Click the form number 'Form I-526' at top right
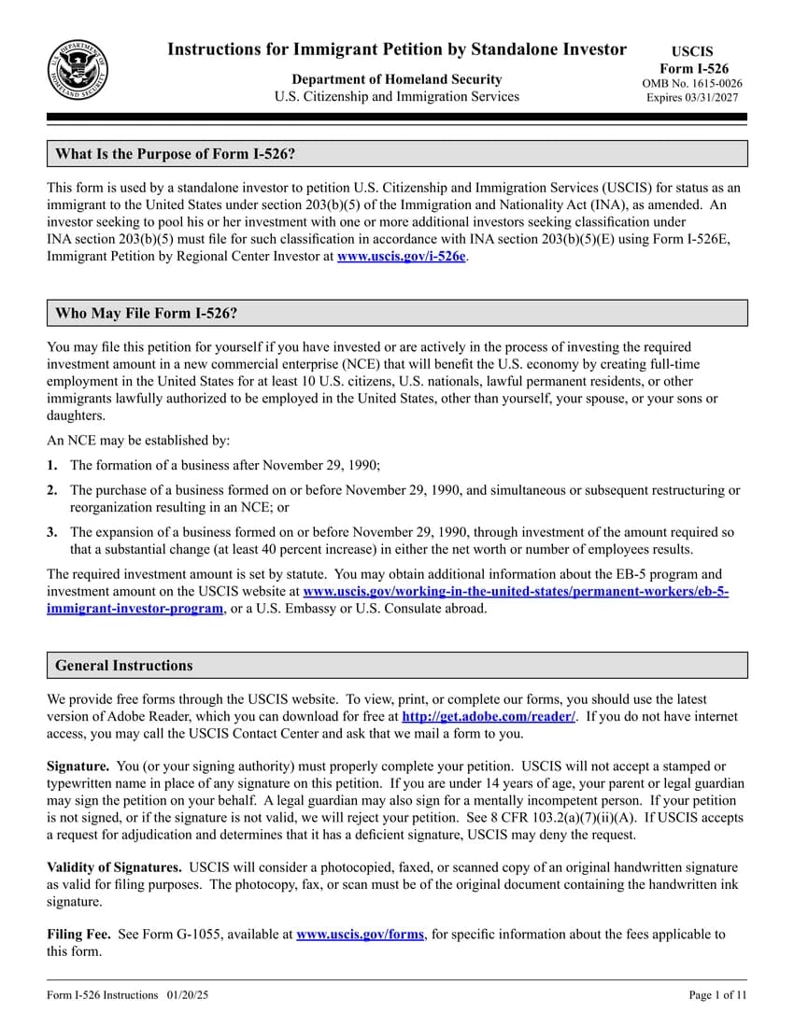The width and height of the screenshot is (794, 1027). [693, 68]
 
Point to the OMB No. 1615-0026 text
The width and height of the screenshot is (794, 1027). [692, 83]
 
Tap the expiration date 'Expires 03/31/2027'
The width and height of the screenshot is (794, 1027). [692, 97]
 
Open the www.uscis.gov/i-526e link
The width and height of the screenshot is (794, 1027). [401, 256]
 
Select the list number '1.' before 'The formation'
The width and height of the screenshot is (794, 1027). [52, 465]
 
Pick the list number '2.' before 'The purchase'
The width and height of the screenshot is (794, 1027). [52, 490]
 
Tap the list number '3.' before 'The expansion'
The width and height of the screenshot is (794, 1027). [52, 532]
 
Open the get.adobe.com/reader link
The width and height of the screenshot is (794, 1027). [488, 716]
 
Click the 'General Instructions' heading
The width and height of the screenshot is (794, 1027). [123, 666]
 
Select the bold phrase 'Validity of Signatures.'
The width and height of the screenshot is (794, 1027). [114, 867]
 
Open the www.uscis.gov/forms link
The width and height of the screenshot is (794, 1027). [360, 934]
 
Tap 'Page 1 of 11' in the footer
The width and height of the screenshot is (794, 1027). [717, 995]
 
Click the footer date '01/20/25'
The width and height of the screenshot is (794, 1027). [190, 995]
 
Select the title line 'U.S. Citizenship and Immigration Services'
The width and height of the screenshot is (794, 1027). [396, 96]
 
